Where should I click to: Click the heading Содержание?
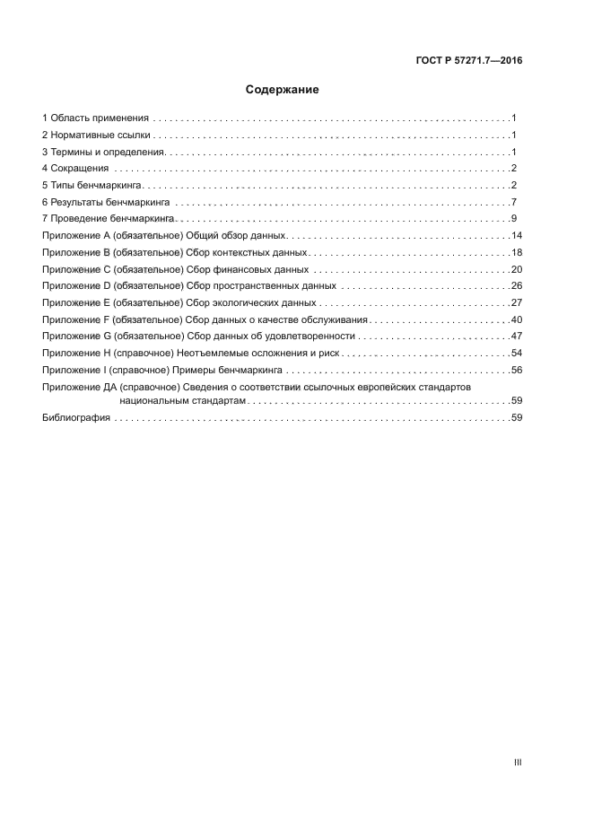(283, 90)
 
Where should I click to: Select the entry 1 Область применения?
(95, 118)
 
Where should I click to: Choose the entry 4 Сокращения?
(75, 168)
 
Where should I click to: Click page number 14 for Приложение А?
(516, 235)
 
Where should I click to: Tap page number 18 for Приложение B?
(516, 252)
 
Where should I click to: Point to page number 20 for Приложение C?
(516, 269)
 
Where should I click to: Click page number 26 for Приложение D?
(516, 285)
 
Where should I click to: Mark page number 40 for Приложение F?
(516, 319)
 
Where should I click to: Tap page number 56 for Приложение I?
(516, 370)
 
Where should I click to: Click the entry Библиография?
(76, 418)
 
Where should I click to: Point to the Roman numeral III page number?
(518, 762)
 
